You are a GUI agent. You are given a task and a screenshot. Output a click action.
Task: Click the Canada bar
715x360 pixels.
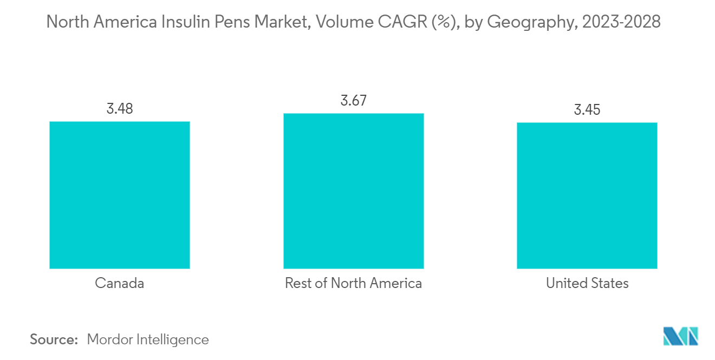click(120, 195)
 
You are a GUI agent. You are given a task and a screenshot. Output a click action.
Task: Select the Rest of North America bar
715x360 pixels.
click(354, 191)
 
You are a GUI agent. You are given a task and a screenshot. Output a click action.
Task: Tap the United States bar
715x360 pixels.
click(587, 195)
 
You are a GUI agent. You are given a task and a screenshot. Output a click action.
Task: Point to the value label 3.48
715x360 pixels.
click(120, 109)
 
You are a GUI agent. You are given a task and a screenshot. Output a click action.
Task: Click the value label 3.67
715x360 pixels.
click(354, 101)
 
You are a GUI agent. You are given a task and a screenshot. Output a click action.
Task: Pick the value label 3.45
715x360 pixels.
click(587, 110)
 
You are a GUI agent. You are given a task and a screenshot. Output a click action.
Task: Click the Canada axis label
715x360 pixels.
click(119, 283)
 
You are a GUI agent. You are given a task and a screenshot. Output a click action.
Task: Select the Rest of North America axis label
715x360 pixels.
click(353, 283)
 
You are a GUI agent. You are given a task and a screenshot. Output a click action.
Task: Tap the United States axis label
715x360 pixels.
click(587, 283)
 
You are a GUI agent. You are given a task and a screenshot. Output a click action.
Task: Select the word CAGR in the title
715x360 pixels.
click(402, 22)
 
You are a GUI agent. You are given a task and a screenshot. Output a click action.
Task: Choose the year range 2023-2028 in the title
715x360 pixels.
click(621, 22)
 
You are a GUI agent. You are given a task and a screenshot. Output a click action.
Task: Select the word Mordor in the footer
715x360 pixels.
click(110, 339)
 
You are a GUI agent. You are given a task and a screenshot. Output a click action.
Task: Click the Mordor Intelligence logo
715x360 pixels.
click(680, 336)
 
